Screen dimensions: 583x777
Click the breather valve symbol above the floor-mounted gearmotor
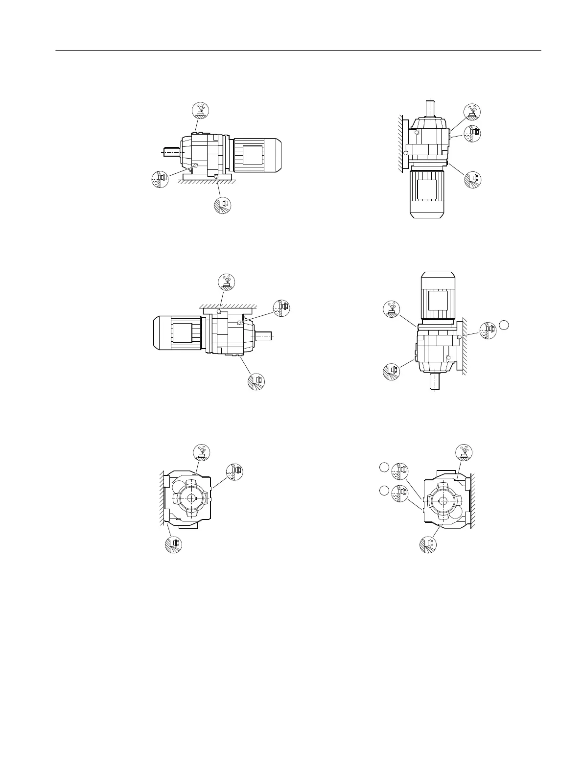(x=200, y=111)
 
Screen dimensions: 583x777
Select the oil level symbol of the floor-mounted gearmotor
(x=160, y=179)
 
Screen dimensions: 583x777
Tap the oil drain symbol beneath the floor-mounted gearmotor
(x=223, y=205)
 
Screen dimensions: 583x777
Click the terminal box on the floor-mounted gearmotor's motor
(x=254, y=155)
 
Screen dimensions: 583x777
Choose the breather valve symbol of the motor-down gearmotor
(x=472, y=111)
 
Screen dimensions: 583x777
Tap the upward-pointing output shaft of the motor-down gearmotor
(x=429, y=107)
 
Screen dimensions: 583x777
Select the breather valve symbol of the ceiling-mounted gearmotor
(x=226, y=282)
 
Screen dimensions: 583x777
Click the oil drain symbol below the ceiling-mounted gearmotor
(x=256, y=381)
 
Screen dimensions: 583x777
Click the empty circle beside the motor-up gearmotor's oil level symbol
(x=505, y=324)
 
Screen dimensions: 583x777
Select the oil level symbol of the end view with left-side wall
(x=234, y=471)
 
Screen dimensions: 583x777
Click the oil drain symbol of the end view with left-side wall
(x=173, y=544)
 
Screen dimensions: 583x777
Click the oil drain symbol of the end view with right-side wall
(x=428, y=544)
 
